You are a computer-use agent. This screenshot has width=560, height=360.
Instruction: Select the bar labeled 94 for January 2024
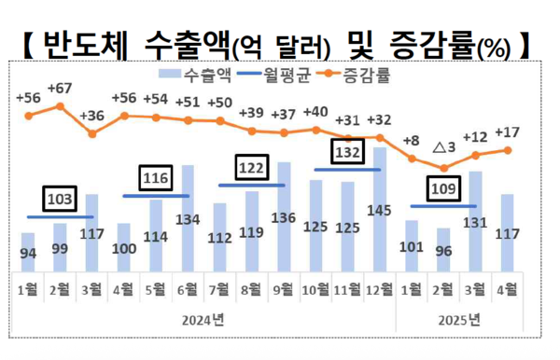click(x=28, y=250)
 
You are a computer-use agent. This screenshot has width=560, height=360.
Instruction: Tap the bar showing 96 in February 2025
click(x=443, y=248)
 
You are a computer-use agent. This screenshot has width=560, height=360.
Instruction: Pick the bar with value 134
click(x=189, y=215)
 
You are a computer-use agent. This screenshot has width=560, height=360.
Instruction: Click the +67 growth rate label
click(x=60, y=89)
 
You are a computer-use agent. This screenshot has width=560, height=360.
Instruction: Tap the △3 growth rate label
click(x=444, y=147)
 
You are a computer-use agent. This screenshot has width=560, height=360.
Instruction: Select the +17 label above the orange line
click(x=508, y=132)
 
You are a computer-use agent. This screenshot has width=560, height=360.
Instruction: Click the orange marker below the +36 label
click(x=91, y=134)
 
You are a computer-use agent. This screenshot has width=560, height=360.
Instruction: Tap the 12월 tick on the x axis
click(x=379, y=289)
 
